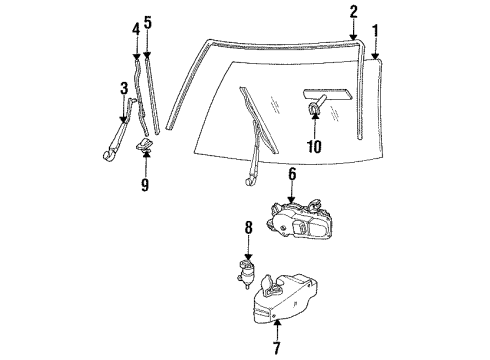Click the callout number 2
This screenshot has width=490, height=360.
coord(353,12)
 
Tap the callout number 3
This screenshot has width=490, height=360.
coord(124,88)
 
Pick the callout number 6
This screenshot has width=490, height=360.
coord(292,175)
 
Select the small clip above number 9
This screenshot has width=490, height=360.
coord(145,148)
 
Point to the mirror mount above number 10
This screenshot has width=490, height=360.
coord(316,107)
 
